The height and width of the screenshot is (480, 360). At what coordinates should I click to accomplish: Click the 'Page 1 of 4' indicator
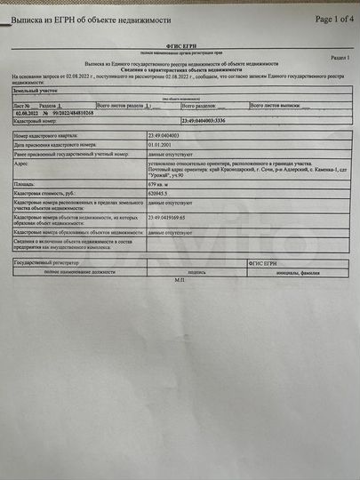pos(323,18)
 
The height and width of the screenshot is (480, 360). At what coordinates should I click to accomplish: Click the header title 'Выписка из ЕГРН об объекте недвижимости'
pos(90,19)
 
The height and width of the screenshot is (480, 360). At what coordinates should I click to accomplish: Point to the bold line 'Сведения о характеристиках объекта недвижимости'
pos(181,70)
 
